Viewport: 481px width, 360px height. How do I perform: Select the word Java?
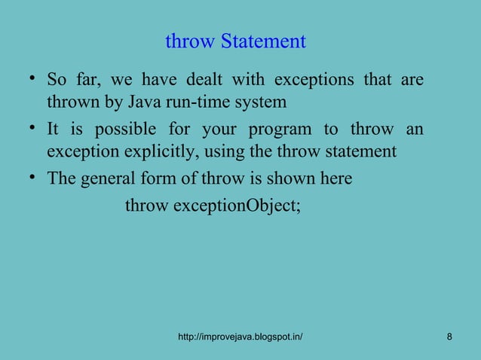[x=155, y=101]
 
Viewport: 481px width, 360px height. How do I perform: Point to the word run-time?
[x=209, y=101]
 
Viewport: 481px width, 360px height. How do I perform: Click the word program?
[x=276, y=130]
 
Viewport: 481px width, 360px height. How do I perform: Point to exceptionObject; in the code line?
[x=237, y=205]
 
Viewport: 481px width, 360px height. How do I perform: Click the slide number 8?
[x=449, y=336]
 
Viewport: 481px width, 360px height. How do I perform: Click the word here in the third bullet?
[x=339, y=181]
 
